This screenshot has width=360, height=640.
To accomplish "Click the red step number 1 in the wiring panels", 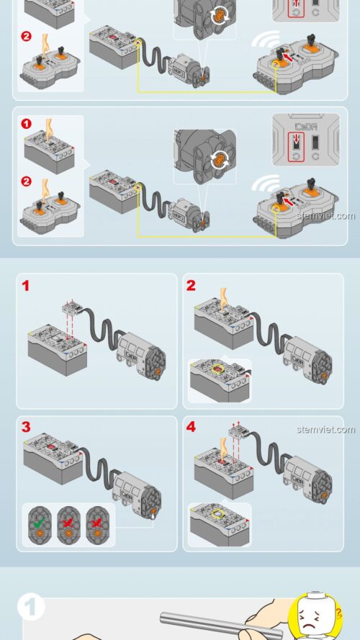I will (x=26, y=287).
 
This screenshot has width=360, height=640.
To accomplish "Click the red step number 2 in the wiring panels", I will (x=191, y=286).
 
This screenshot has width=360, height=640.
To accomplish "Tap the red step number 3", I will (x=26, y=427).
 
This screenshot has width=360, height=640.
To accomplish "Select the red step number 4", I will (x=191, y=427).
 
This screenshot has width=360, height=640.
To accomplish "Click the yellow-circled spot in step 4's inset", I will (x=216, y=513).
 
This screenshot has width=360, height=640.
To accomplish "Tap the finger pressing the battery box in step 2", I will (x=223, y=297).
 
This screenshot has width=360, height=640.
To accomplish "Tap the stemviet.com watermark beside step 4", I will (x=325, y=430).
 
